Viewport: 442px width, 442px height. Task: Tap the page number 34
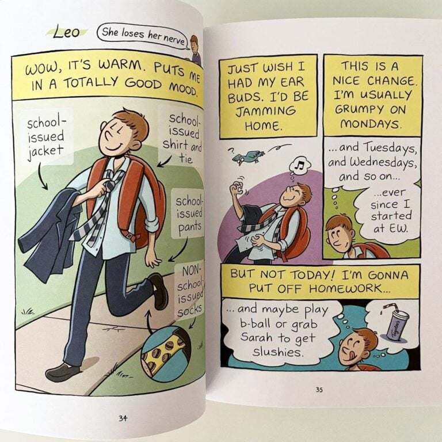coord(123,418)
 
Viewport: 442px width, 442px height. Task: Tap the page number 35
coord(319,390)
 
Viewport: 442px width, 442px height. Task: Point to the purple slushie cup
coord(398,325)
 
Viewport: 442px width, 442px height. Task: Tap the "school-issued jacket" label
coord(45,137)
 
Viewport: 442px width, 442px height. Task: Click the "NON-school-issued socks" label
coord(190,292)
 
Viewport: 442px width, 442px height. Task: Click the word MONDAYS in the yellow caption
coord(371,124)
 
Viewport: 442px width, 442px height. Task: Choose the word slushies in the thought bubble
coord(278,352)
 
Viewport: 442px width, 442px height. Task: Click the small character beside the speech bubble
coord(195,49)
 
